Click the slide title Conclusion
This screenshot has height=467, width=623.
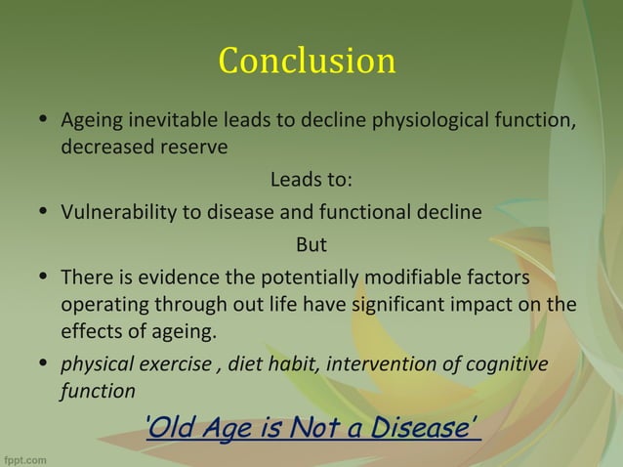click(307, 61)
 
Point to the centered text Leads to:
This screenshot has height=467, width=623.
click(311, 181)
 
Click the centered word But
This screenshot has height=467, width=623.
click(311, 243)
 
